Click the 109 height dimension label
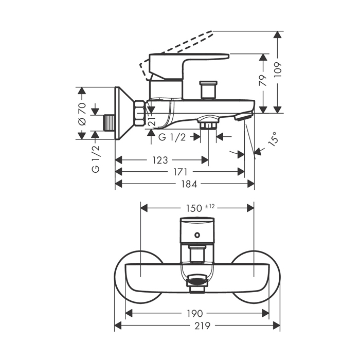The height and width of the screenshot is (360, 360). click(x=278, y=69)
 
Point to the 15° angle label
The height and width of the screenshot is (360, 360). click(x=273, y=139)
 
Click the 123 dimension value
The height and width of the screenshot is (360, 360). click(x=160, y=160)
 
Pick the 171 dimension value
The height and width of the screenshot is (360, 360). click(x=181, y=172)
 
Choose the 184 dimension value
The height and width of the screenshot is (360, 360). click(x=189, y=184)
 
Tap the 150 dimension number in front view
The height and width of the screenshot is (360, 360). click(x=194, y=208)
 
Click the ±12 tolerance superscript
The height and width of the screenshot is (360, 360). click(x=210, y=206)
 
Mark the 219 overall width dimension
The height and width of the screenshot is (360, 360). click(x=202, y=326)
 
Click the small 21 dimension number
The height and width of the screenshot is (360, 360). click(x=152, y=120)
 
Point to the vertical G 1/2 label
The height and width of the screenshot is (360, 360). click(x=96, y=159)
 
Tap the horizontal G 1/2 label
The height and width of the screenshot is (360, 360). click(x=172, y=137)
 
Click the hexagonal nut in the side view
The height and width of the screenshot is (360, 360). click(x=140, y=113)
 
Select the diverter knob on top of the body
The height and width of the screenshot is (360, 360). click(x=208, y=90)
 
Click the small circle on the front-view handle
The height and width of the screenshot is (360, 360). click(x=197, y=235)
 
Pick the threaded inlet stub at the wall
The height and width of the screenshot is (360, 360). click(x=109, y=123)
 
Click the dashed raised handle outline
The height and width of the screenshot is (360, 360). click(x=176, y=56)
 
